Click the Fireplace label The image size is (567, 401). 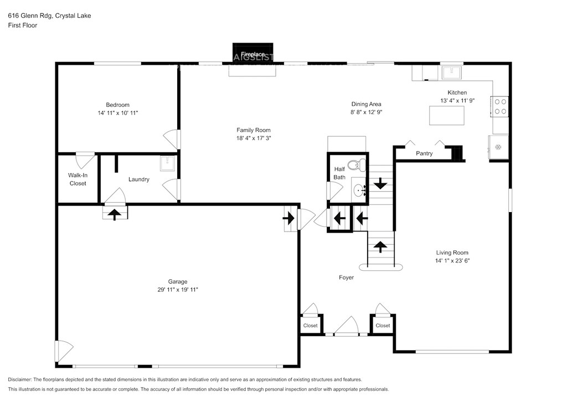pos(252,54)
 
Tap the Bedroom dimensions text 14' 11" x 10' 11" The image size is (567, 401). pos(118,113)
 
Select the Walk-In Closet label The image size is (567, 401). pos(78,179)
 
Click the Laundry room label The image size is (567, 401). pos(139,179)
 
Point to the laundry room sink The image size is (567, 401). pos(167,163)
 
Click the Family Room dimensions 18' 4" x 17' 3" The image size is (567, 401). pos(254,138)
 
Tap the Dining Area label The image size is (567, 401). pos(367,104)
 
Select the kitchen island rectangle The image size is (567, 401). pos(447,115)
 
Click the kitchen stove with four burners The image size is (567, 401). pos(500,107)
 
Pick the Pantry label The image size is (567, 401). pos(424,153)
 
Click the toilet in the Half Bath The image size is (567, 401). pos(359,165)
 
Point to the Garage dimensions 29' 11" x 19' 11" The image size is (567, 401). pos(178,290)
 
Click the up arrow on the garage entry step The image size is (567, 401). pos(115,214)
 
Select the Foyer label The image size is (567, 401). pos(347,277)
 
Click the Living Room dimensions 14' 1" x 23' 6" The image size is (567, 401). pos(452,261)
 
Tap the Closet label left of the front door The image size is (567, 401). pos(310,326)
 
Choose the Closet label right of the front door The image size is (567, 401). pos(383,326)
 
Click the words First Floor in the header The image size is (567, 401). pos(22,25)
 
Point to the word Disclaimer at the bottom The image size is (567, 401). pos(19,379)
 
